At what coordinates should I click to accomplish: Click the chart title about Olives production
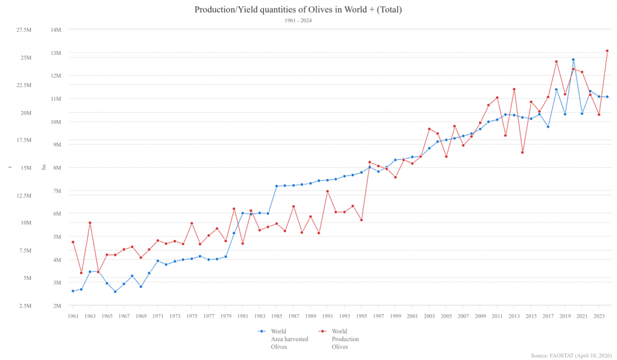[298, 10]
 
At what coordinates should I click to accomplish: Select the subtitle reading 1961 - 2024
[298, 21]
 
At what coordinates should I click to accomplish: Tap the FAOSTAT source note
[573, 355]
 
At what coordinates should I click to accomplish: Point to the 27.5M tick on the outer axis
[24, 30]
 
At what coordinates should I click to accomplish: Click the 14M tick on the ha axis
[56, 30]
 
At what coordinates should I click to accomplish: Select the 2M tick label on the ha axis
[57, 306]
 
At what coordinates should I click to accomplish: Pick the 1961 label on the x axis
[73, 316]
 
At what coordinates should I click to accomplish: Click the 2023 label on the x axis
[599, 316]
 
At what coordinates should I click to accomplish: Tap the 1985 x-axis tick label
[277, 316]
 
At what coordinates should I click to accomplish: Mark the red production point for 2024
[607, 51]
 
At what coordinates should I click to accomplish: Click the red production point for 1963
[90, 223]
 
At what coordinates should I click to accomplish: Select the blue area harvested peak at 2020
[574, 60]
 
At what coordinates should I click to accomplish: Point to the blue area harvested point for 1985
[277, 186]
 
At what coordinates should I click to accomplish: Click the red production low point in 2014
[522, 152]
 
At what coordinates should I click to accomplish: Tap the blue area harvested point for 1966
[115, 292]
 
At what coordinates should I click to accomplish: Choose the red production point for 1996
[370, 162]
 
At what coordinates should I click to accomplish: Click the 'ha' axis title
[43, 167]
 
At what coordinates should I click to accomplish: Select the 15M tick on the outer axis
[26, 168]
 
